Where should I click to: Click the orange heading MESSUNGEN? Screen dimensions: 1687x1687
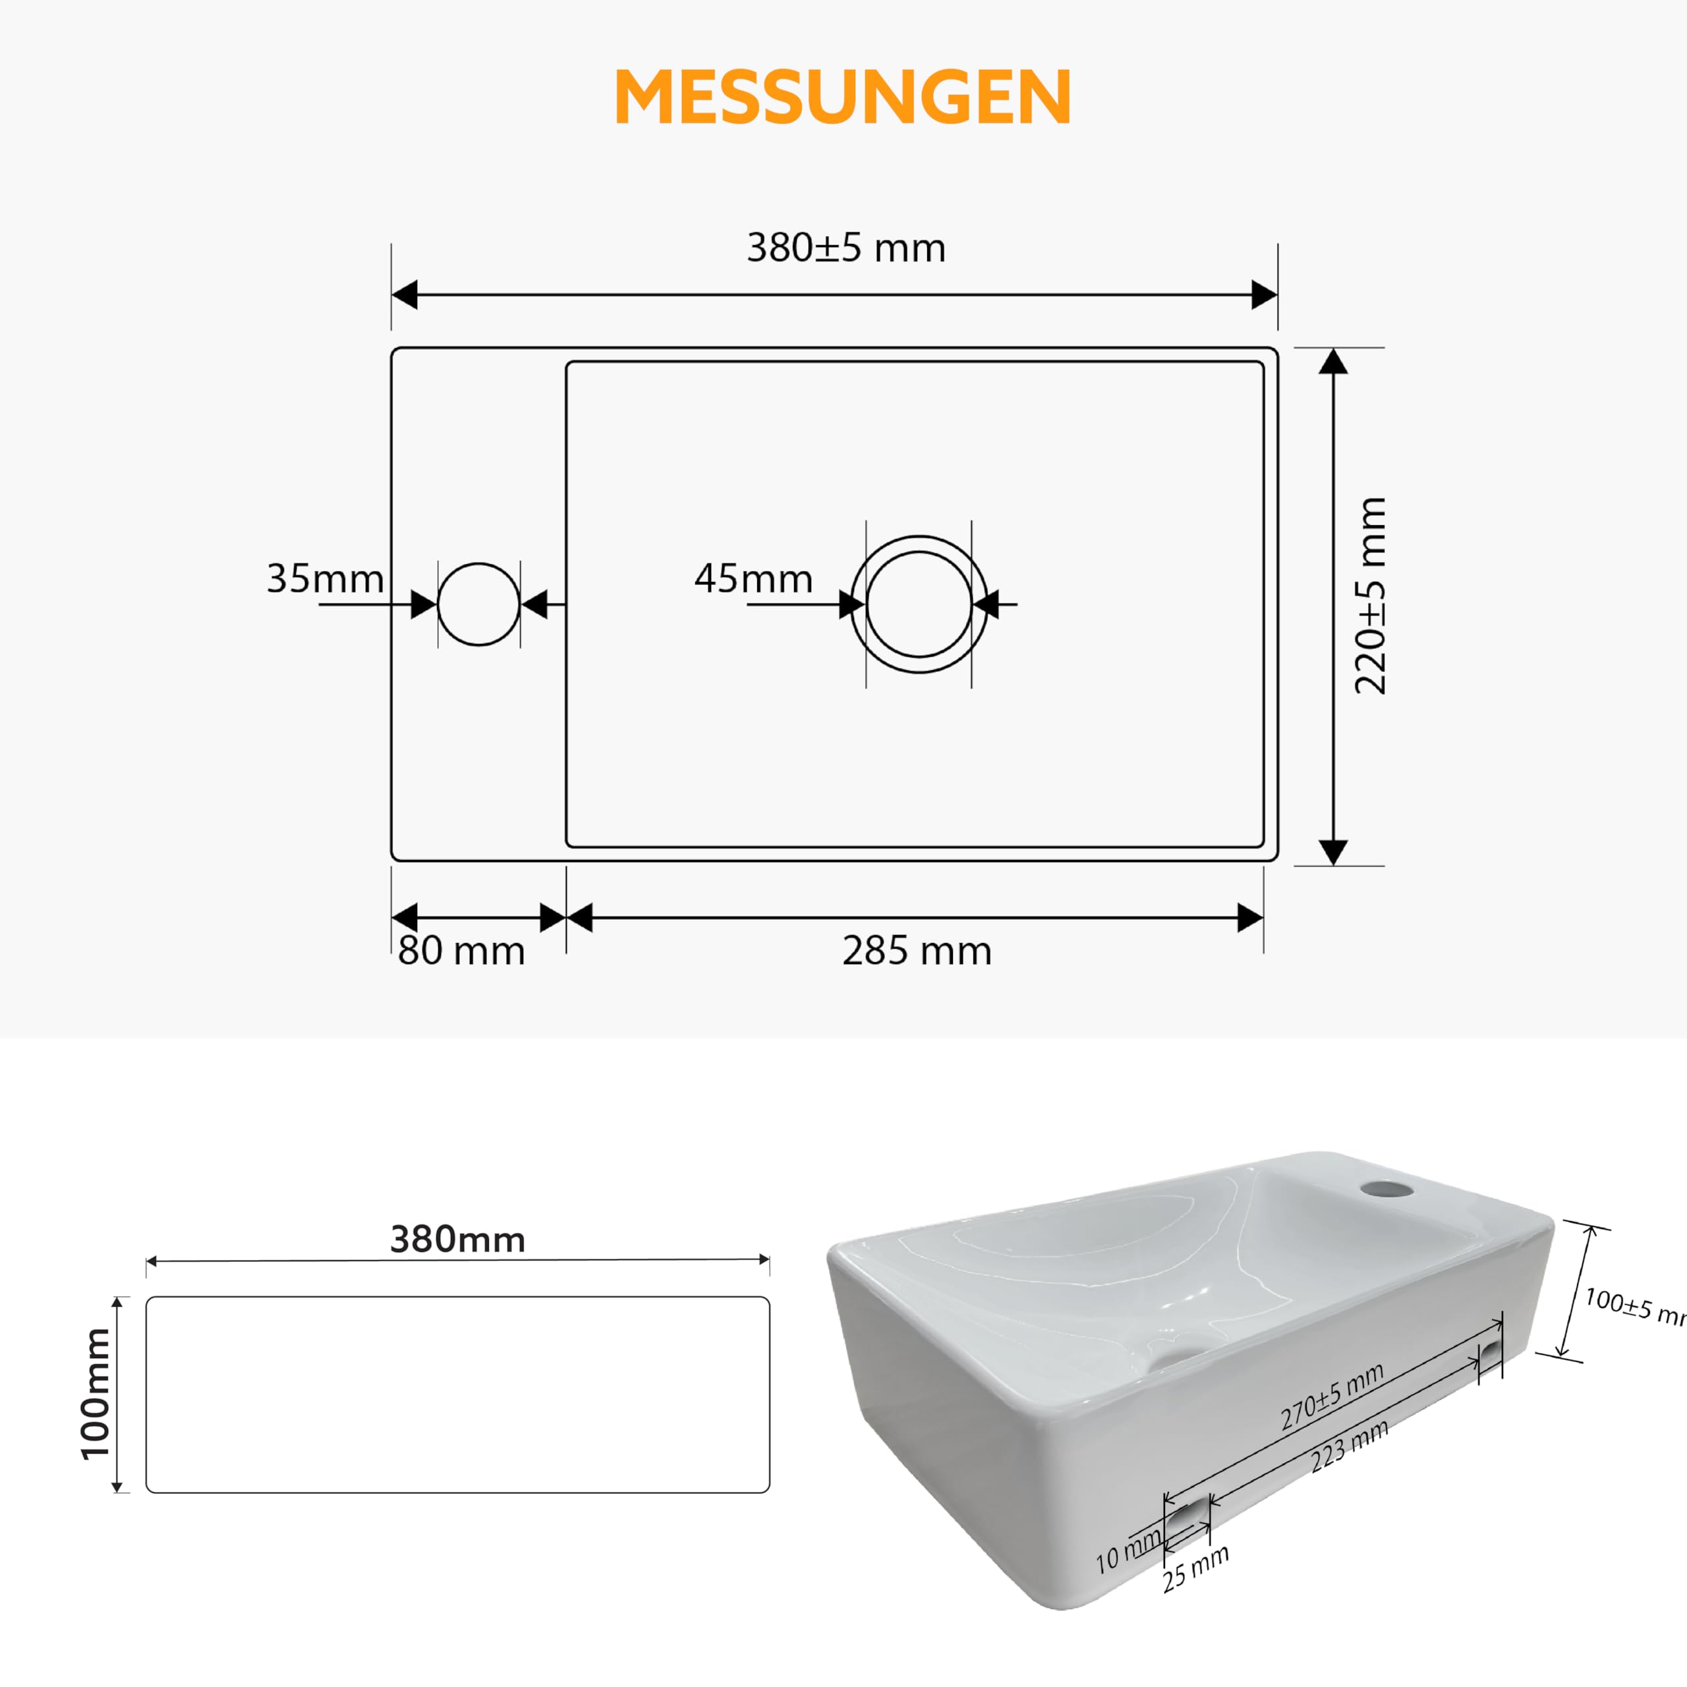coord(843,97)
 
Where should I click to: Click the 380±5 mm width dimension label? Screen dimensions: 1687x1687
coord(846,248)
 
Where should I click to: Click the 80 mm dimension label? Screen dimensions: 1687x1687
coord(461,951)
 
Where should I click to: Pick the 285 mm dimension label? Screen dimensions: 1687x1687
coord(917,951)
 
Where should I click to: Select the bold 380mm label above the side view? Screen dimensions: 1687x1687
coord(457,1240)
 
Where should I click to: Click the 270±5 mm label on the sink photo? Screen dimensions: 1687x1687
coord(1332,1396)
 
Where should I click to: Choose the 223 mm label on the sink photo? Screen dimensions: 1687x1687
coord(1349,1445)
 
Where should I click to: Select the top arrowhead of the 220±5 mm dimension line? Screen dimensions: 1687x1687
coord(1332,360)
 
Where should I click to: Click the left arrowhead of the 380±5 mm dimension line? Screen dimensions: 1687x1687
coord(404,295)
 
